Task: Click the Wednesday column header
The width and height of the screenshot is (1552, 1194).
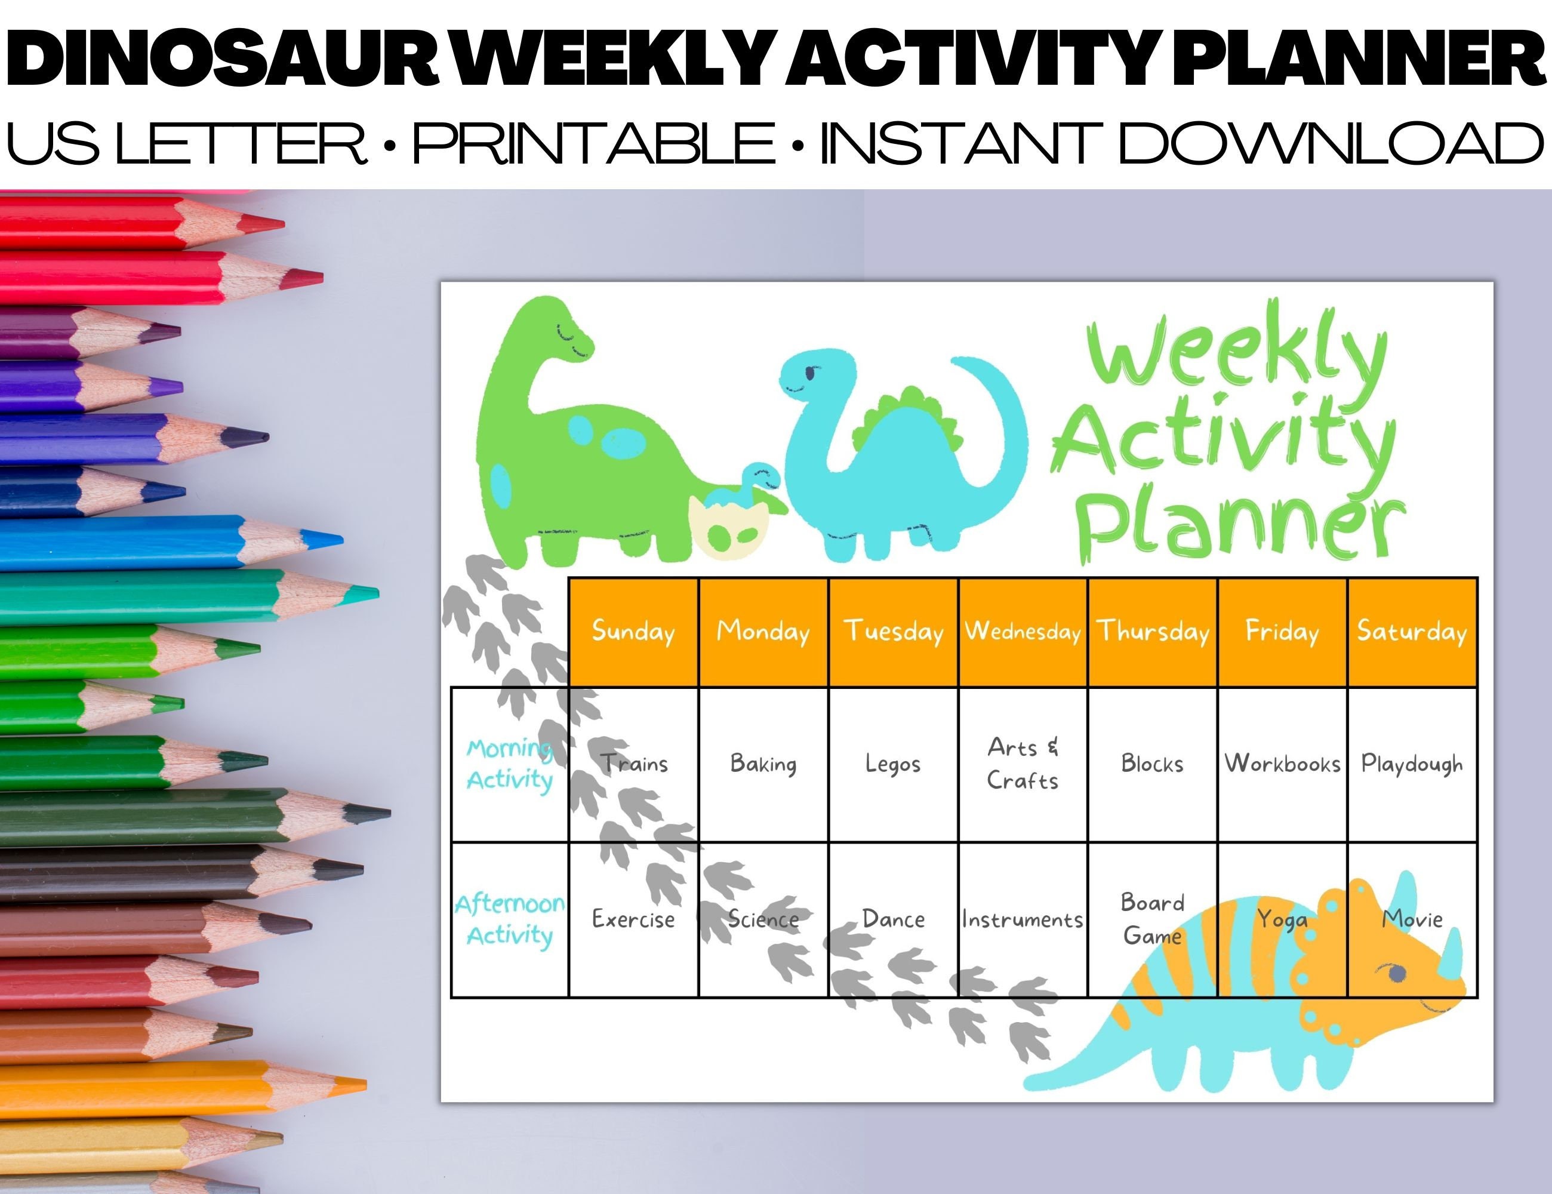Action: [x=1022, y=631]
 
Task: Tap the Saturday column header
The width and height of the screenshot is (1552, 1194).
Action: [x=1411, y=631]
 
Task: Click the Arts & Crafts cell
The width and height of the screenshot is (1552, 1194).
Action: [x=1022, y=764]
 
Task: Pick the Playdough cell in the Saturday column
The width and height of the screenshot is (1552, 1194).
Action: [x=1411, y=764]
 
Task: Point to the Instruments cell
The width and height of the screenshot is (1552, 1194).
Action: [x=1022, y=919]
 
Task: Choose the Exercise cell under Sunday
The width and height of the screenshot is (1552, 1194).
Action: [x=633, y=919]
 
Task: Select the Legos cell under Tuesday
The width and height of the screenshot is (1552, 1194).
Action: [x=892, y=764]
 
